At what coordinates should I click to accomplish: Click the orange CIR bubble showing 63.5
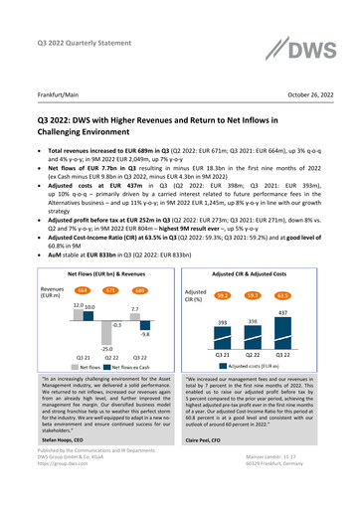282,267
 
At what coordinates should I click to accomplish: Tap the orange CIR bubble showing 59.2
224,267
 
